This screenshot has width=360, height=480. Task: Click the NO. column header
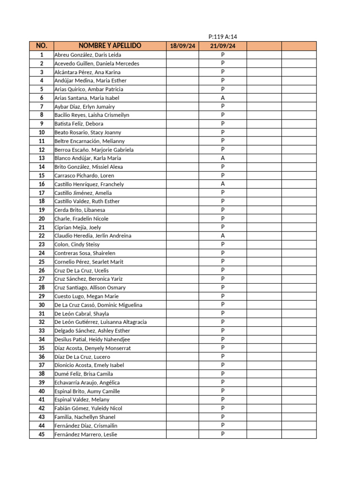[x=41, y=46]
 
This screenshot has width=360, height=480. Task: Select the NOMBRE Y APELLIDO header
[x=110, y=46]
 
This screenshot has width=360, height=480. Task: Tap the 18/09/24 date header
[x=182, y=46]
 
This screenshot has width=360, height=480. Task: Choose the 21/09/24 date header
[x=223, y=46]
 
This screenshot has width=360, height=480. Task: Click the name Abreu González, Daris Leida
[x=88, y=55]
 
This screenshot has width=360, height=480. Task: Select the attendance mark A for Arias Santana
[x=223, y=98]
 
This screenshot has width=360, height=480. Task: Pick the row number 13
[x=42, y=158]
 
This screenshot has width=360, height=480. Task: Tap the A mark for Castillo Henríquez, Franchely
[x=223, y=184]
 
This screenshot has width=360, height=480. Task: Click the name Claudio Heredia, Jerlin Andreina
[x=93, y=236]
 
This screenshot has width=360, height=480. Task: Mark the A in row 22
[x=223, y=236]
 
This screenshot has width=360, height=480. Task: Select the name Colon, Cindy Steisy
[x=77, y=244]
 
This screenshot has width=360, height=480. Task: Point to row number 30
[x=42, y=305]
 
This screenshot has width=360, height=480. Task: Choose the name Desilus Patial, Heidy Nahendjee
[x=92, y=339]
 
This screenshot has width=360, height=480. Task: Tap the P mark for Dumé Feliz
[x=223, y=374]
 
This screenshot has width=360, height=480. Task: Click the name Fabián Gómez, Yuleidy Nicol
[x=88, y=408]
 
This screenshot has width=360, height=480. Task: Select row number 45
[x=42, y=434]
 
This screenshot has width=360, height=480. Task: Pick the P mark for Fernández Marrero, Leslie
[x=223, y=434]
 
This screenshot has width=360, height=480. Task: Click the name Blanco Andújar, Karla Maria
[x=87, y=158]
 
